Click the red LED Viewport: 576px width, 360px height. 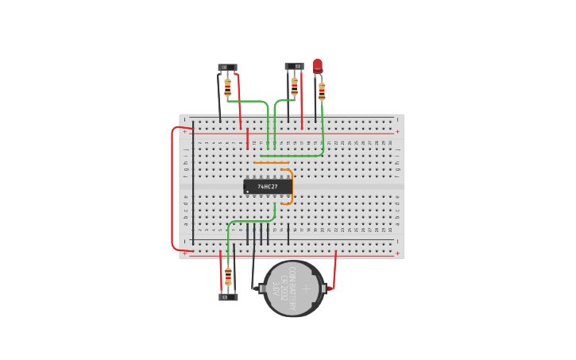pyautogui.click(x=318, y=65)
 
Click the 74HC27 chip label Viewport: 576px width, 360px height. pyautogui.click(x=268, y=187)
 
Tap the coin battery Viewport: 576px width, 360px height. pyautogui.click(x=294, y=288)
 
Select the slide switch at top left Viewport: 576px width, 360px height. pyautogui.click(x=227, y=68)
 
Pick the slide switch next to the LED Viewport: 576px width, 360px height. pyautogui.click(x=294, y=67)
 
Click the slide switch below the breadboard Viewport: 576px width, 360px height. pyautogui.click(x=228, y=297)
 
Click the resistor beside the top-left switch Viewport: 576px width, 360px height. pyautogui.click(x=228, y=87)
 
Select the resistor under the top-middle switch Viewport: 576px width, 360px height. pyautogui.click(x=295, y=86)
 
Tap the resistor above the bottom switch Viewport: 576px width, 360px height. pyautogui.click(x=228, y=277)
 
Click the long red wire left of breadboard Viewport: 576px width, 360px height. pyautogui.click(x=172, y=188)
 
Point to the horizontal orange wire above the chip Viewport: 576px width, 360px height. pyautogui.click(x=271, y=163)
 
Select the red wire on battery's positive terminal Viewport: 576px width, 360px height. pyautogui.click(x=334, y=270)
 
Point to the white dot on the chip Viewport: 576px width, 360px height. pyautogui.click(x=248, y=192)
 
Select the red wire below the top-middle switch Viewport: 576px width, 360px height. pyautogui.click(x=302, y=103)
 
